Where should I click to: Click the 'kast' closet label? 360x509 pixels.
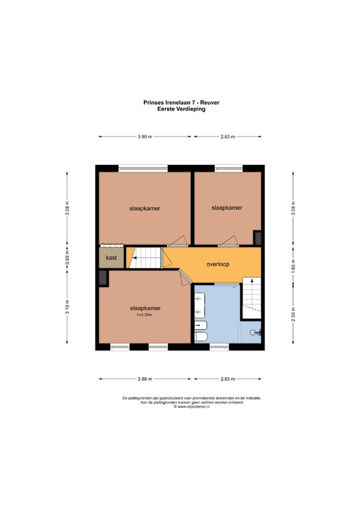[x=111, y=258]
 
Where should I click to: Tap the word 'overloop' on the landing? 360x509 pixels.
[x=218, y=264]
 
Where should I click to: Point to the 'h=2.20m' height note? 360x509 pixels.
[x=145, y=315]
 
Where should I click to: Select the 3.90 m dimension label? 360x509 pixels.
[x=145, y=137]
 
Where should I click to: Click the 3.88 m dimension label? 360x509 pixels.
[x=145, y=379]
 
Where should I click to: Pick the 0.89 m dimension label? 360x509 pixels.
[x=67, y=258]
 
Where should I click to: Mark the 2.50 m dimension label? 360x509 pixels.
[x=293, y=314]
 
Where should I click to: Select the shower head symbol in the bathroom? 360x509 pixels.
[x=257, y=333]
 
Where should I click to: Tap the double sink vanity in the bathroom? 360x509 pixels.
[x=200, y=305]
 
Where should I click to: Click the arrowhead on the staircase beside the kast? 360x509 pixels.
[x=134, y=258]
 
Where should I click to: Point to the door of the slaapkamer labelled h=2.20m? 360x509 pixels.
[x=185, y=278]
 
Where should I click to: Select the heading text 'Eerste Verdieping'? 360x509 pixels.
[x=181, y=109]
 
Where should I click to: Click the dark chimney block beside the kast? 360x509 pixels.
[x=103, y=278]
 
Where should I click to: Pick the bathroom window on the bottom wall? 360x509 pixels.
[x=219, y=347]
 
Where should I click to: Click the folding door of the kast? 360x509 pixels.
[x=111, y=246]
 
